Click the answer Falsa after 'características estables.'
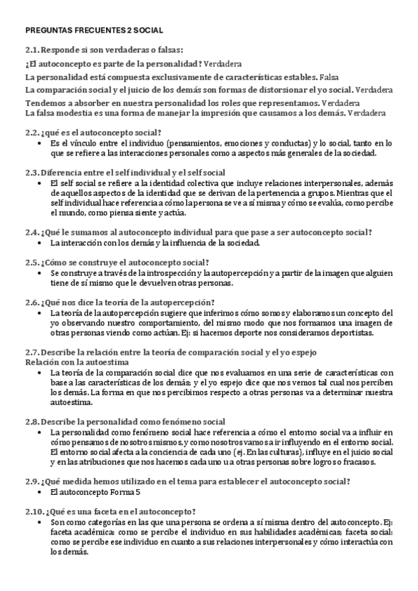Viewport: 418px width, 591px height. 329,77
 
